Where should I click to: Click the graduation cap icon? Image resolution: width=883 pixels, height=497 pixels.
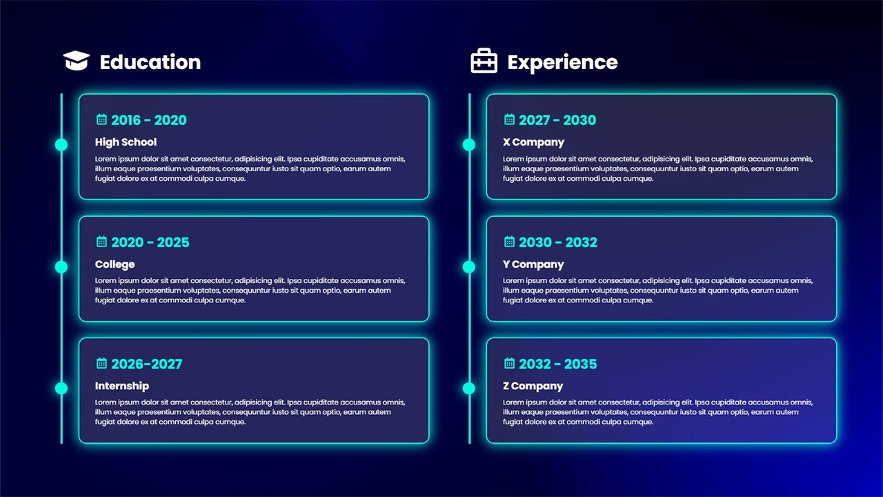[77, 61]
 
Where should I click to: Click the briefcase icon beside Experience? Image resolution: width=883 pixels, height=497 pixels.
[484, 61]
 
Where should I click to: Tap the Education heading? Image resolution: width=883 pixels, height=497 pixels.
[150, 62]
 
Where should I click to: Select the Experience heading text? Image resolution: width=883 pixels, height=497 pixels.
[562, 62]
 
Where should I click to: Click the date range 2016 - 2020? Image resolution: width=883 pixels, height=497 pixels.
[148, 120]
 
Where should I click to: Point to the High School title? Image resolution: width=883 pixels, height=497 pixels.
[126, 142]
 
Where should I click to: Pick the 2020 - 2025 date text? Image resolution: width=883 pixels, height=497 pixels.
[150, 242]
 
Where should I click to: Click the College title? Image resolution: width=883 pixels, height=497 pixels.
[115, 264]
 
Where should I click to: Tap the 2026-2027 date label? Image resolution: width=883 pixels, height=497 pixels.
[146, 364]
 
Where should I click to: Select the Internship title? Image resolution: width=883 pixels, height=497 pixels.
[121, 386]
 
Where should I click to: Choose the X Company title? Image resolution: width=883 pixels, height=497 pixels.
[533, 142]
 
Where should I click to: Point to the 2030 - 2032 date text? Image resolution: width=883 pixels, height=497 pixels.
[557, 242]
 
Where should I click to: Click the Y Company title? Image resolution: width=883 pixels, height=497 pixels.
[533, 264]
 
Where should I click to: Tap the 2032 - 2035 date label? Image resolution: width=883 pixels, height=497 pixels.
[557, 364]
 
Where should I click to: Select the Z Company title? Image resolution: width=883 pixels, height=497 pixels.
[533, 386]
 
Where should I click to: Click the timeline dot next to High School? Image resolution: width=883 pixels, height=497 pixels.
[61, 144]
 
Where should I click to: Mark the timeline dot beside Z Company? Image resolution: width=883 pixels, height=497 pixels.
[469, 388]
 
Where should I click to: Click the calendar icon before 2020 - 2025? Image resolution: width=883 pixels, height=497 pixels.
[101, 242]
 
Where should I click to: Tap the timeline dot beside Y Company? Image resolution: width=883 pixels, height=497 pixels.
[469, 266]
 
